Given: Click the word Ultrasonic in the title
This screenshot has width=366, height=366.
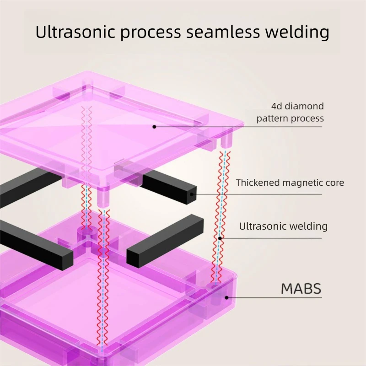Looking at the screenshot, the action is click(75, 32).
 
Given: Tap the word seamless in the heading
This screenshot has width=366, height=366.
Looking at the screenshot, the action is click(223, 32).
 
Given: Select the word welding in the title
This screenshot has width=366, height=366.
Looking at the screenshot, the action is click(297, 32).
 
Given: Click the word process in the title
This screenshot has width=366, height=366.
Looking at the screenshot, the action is click(151, 32).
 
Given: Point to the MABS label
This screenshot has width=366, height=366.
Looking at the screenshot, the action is click(301, 289).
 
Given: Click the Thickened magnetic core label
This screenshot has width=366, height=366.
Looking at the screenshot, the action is click(290, 183).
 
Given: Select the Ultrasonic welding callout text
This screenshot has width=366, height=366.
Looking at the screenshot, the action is click(283, 226).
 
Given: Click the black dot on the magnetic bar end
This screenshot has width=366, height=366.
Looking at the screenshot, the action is click(192, 194).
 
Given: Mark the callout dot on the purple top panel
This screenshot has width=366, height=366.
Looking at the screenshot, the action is click(154, 127).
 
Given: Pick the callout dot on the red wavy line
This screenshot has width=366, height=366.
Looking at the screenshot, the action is click(220, 238).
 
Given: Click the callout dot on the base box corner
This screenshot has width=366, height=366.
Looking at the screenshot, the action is click(226, 298).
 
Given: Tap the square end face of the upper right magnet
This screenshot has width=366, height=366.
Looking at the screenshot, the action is click(191, 194).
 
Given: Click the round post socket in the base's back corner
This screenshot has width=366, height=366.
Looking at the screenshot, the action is click(87, 231).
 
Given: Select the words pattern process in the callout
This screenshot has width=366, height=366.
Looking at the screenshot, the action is click(290, 118).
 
